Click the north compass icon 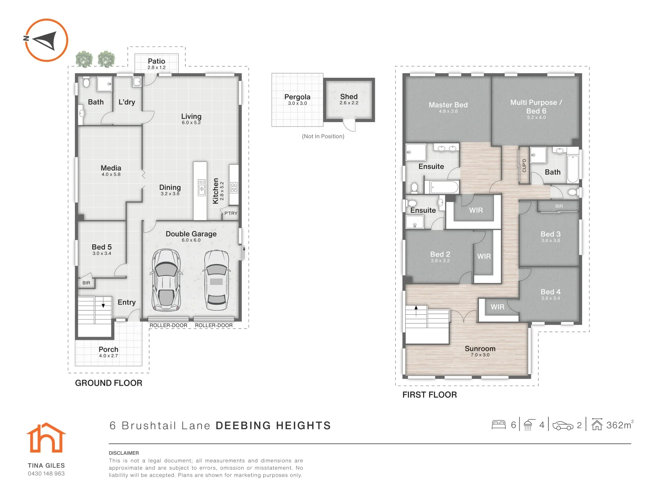click(46, 40)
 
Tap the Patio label click(156, 61)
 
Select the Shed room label click(349, 97)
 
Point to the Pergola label click(297, 97)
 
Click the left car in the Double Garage click(166, 280)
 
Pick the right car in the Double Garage click(217, 280)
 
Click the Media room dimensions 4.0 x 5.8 click(111, 174)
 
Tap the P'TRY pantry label click(231, 213)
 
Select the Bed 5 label click(101, 247)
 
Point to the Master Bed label click(448, 105)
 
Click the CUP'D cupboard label click(524, 166)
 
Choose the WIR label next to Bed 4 click(497, 307)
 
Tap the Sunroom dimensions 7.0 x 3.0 click(480, 355)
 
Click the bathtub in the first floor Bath click(573, 169)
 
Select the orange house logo click(46, 438)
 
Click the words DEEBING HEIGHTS click(273, 425)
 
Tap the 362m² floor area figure click(620, 425)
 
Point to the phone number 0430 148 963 click(46, 473)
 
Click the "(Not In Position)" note click(323, 136)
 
